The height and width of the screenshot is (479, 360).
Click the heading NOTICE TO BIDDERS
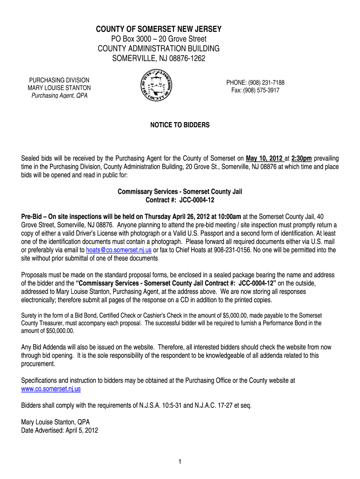180,125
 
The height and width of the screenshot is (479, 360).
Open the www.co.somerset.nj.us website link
51,389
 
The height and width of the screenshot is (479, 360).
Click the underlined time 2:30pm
302,158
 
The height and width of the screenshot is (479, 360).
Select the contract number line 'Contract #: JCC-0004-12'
180,200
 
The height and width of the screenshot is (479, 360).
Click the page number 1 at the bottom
180,462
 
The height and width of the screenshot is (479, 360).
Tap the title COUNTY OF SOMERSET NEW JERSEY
158,30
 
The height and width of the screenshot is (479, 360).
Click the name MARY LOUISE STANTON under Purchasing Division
59,88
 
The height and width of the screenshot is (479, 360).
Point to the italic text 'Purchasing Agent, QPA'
59,96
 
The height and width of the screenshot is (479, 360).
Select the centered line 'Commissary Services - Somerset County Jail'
180,192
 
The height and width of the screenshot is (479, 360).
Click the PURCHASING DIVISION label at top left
59,80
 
